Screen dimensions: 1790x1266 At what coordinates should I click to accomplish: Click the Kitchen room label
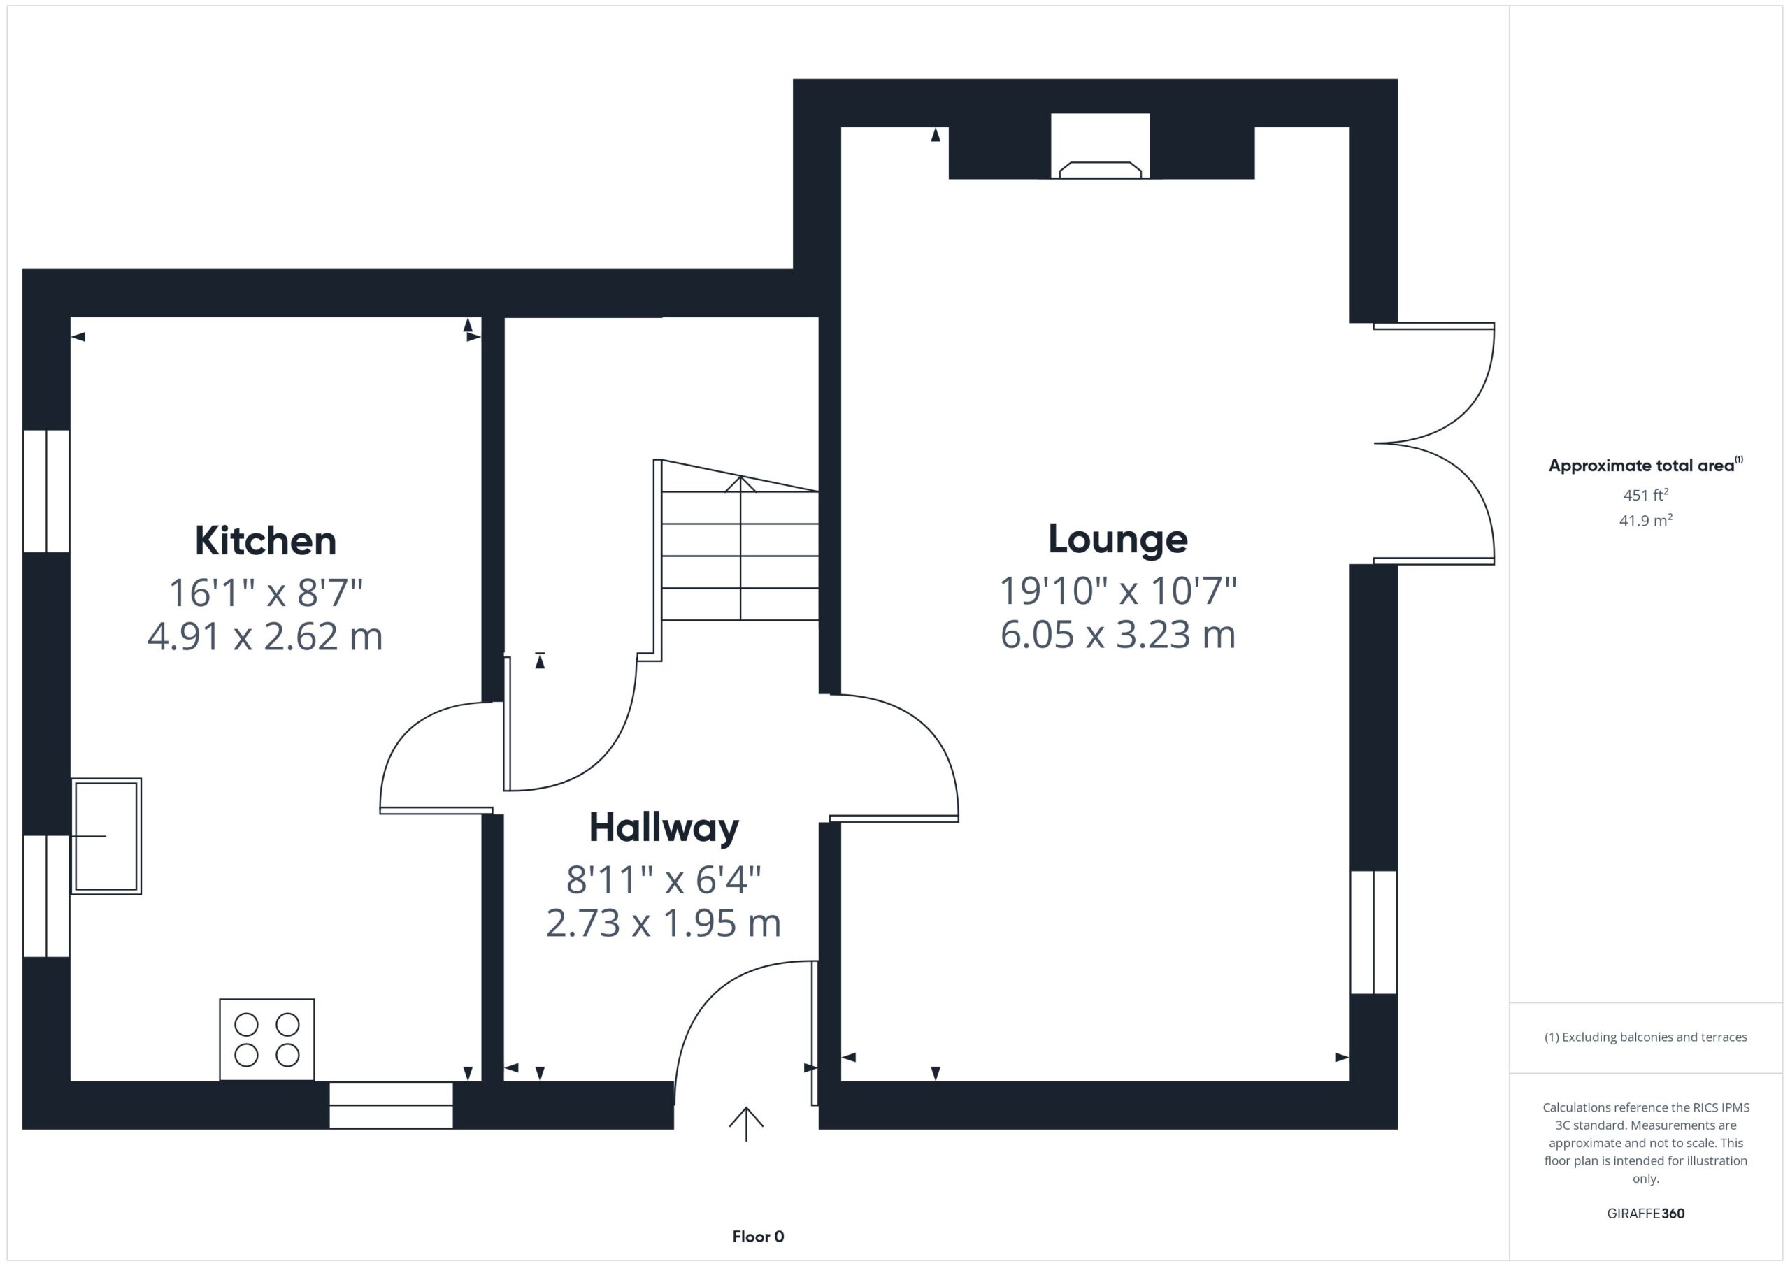265,540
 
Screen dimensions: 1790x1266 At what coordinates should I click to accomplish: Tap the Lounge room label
1117,539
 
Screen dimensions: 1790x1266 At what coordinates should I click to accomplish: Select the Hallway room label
664,827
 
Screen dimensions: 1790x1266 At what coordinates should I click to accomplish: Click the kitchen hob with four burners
266,1039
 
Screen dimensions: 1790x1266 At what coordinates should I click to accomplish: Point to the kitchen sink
106,835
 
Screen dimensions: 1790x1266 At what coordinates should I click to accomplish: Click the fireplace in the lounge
1100,146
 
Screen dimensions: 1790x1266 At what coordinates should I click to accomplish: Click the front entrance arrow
746,1123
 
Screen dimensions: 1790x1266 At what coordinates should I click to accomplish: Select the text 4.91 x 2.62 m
265,636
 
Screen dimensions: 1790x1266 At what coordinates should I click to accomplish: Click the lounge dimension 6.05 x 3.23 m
1117,635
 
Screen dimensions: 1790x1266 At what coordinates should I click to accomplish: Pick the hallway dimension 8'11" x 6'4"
664,880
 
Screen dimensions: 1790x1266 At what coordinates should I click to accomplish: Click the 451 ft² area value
1645,495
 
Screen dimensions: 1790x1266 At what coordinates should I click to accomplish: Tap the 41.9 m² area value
1645,520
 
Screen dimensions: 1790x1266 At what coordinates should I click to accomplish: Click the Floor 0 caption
758,1237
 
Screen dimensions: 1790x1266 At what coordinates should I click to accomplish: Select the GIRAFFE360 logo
1645,1213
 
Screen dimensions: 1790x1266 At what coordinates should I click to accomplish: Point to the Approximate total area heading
1645,466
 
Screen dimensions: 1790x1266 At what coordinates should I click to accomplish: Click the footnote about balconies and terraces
1645,1037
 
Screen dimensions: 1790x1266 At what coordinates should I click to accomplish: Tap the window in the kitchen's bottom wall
391,1105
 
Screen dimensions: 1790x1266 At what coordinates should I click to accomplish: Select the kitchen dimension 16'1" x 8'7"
265,593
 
